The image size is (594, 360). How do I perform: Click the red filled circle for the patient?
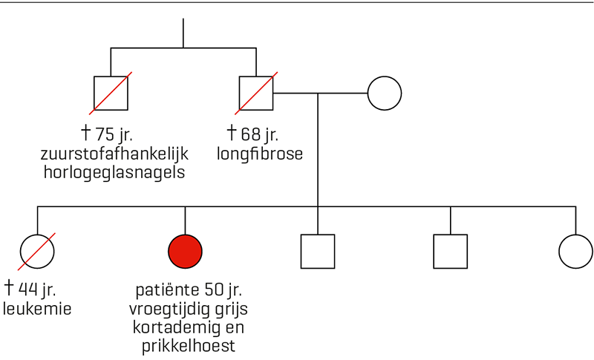[185, 252]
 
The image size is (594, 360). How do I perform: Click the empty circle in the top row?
[385, 76]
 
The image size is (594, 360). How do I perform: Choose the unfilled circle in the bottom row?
[576, 235]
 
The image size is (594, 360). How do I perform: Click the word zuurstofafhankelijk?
[114, 154]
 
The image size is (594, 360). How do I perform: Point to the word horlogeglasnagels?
[114, 173]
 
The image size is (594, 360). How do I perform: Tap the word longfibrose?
[260, 154]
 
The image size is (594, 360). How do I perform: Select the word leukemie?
[37, 309]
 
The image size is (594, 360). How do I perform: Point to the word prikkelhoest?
[189, 346]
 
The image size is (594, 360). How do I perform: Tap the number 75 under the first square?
[105, 134]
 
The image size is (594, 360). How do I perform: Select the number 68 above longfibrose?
[250, 134]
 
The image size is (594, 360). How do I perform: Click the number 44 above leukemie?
[27, 289]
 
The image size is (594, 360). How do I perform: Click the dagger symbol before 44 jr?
[9, 288]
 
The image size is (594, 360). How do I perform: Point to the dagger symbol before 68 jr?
[232, 133]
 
